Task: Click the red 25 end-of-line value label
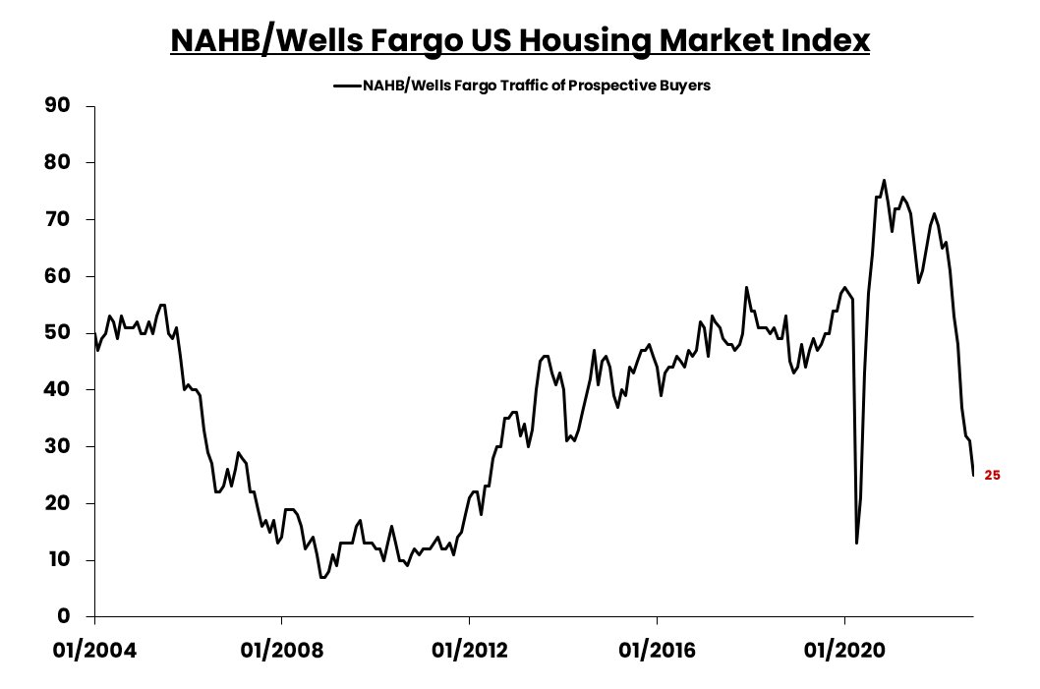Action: point(992,476)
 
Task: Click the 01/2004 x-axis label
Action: point(93,651)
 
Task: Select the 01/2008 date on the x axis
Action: point(281,651)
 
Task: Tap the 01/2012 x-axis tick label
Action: point(469,651)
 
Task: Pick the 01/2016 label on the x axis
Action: point(657,651)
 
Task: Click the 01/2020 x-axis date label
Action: point(844,651)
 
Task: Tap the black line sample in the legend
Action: point(347,86)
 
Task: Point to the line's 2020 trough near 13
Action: point(856,543)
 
